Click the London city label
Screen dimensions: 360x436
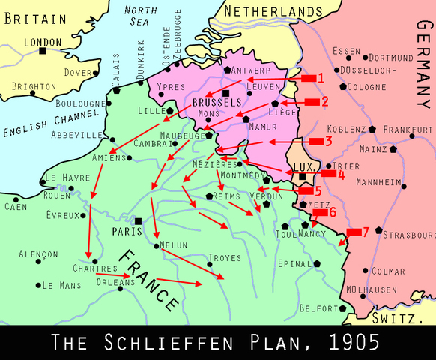point(43,43)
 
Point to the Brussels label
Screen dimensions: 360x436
point(217,102)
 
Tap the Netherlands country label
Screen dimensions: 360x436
point(279,12)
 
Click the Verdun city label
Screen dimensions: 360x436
point(267,196)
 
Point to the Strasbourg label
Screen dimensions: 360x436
point(408,235)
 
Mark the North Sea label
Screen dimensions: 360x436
point(140,16)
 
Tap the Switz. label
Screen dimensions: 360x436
point(402,318)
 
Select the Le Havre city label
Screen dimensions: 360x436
point(61,178)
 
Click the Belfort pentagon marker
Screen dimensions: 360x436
point(342,308)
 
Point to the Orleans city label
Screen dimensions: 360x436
point(115,282)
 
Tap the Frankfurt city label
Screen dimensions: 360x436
point(408,129)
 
